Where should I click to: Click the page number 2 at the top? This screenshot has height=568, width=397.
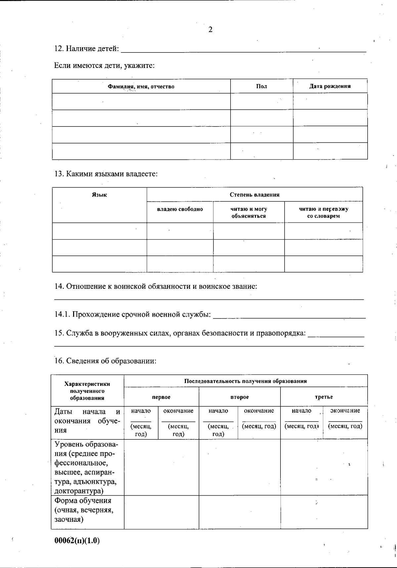tap(210, 30)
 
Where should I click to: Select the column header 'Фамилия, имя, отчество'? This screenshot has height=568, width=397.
tap(141, 87)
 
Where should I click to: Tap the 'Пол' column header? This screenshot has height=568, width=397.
tap(261, 86)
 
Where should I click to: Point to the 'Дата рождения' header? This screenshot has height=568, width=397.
tap(330, 86)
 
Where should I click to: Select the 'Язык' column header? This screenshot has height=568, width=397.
tap(99, 195)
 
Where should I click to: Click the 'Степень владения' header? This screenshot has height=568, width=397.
tap(254, 195)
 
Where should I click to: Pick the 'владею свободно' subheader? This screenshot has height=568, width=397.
tap(180, 209)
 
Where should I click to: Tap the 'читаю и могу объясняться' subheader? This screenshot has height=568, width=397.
tap(248, 212)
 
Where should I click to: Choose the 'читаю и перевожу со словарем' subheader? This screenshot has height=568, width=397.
tap(323, 212)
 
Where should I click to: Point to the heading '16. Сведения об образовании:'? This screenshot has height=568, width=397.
tap(105, 361)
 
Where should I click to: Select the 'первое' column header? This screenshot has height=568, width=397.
tap(161, 397)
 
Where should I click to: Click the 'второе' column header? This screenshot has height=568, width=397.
tap(239, 397)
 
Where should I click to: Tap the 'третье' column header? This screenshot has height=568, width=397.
tap(324, 397)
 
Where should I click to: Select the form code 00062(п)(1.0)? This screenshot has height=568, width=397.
tap(77, 541)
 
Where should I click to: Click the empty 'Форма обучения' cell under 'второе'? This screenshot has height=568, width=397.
tap(239, 512)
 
